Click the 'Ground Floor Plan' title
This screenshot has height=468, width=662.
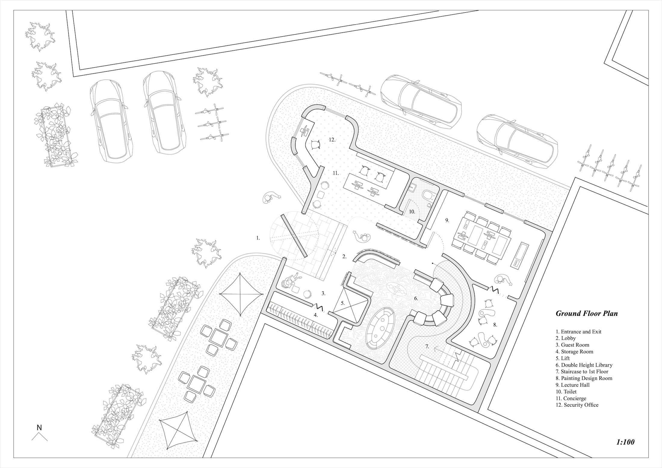(586, 313)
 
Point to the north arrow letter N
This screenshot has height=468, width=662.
(39, 427)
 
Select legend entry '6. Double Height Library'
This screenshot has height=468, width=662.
(584, 365)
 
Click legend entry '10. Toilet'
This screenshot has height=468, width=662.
(566, 392)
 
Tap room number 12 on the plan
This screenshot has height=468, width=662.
(332, 140)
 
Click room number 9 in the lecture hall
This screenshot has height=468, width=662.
(447, 220)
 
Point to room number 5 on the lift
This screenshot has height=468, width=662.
(342, 303)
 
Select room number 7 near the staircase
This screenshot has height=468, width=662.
(427, 346)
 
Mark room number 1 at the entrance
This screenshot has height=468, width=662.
(258, 238)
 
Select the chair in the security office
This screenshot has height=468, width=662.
(315, 145)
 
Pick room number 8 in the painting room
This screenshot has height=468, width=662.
(495, 325)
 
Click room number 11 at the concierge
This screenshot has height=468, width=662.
(336, 173)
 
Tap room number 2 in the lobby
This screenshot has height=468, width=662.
(345, 257)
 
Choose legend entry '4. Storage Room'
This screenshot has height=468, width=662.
(574, 352)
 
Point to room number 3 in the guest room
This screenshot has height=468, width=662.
(323, 293)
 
